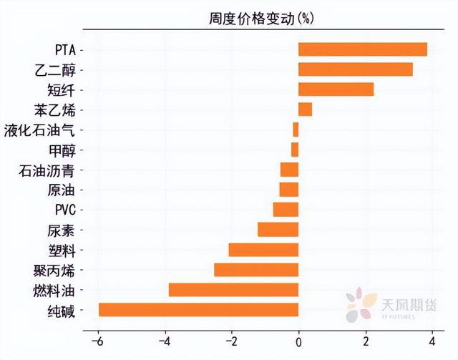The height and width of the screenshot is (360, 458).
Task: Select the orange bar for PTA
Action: click(362, 49)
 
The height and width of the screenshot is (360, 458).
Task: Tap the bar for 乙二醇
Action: click(355, 69)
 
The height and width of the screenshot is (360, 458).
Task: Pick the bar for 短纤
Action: click(336, 89)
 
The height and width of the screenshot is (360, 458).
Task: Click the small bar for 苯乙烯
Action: click(305, 110)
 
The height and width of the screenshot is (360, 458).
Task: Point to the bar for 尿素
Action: click(278, 230)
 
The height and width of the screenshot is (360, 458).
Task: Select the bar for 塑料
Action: click(263, 250)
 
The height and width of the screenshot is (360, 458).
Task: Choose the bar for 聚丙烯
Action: click(256, 270)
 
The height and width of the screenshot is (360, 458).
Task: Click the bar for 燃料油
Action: click(233, 290)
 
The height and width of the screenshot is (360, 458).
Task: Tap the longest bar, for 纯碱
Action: click(198, 310)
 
